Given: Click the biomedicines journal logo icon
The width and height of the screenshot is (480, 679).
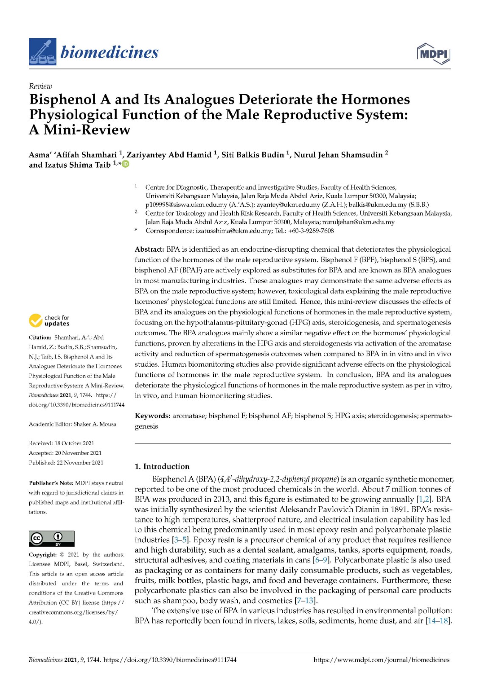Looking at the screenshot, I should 42,52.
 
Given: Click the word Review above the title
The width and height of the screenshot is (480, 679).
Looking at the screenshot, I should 40,86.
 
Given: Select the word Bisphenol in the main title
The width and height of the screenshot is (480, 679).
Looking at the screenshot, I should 63,100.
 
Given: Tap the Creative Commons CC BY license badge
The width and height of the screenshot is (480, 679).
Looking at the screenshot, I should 51,538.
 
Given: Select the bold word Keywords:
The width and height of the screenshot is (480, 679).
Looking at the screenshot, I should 152,416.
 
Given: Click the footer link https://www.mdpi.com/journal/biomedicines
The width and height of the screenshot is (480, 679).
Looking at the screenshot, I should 381,660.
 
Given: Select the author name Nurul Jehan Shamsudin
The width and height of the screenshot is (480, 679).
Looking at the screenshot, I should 338,155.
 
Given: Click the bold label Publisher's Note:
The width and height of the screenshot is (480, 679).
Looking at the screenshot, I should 51,483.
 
